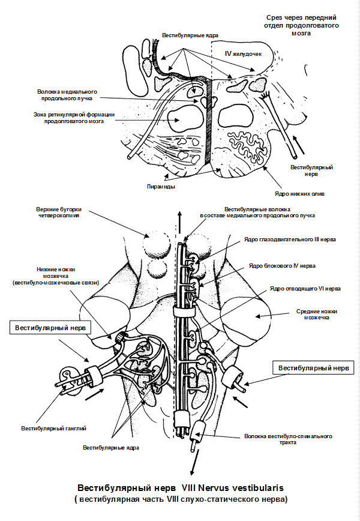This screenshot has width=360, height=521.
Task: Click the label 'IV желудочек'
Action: point(244,54)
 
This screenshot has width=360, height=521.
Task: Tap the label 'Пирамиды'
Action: point(161,187)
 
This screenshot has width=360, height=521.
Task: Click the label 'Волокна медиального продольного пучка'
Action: point(67,95)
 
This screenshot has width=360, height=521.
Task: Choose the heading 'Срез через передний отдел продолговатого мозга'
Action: point(302,26)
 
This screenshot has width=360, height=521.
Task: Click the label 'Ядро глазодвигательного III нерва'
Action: point(290,239)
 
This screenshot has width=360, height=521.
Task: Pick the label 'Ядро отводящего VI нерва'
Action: point(305,289)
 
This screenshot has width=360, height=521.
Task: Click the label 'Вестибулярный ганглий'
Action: point(54,428)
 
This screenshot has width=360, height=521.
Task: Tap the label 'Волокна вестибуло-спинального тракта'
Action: point(288,440)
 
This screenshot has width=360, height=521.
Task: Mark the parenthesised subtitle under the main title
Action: point(180,499)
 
